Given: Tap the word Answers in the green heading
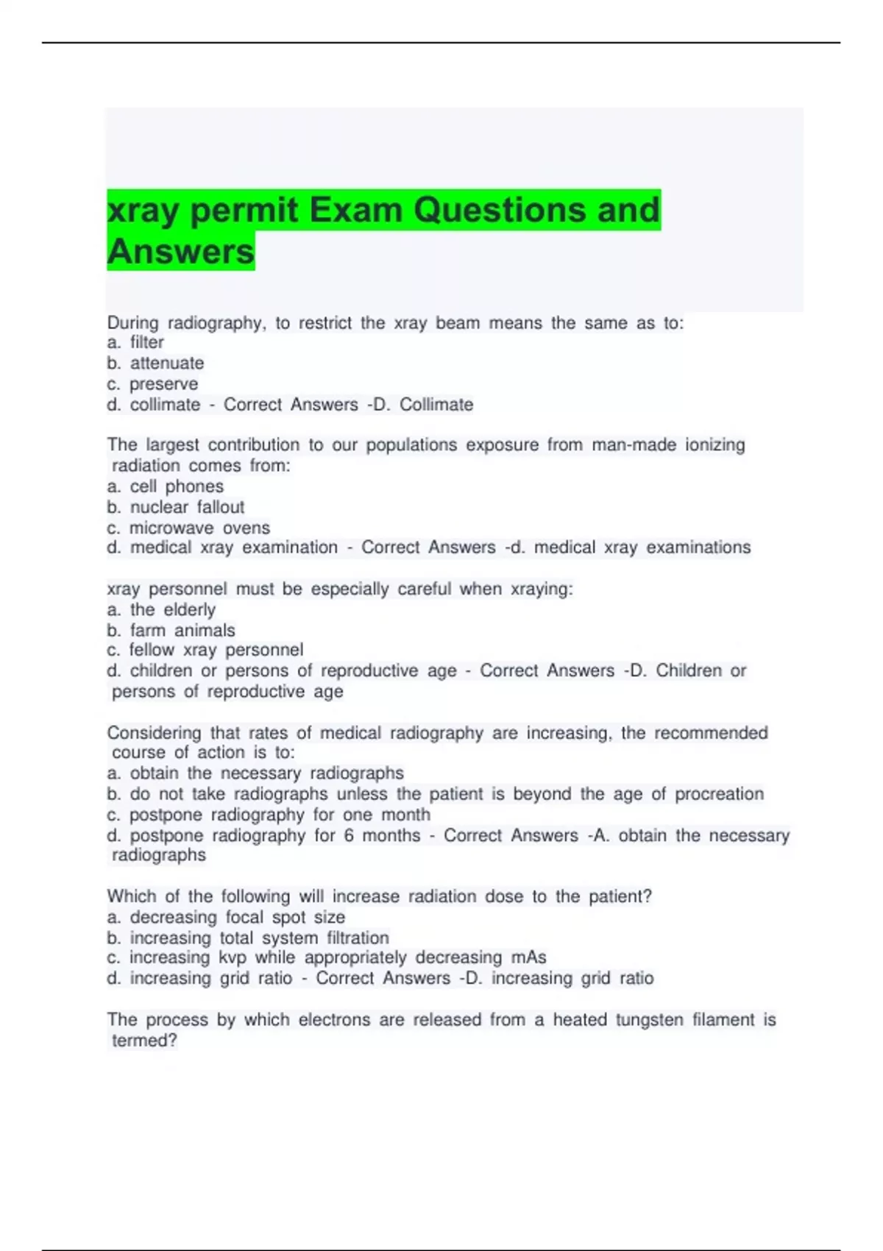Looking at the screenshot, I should point(181,252).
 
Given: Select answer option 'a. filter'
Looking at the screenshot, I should point(136,342).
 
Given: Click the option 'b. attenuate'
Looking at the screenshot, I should point(155,363).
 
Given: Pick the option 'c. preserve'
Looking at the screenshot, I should point(152,384).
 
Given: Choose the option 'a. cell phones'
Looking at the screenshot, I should point(166,486).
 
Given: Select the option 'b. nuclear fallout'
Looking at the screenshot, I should point(176,507).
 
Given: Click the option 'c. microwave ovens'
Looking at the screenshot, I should point(188,528).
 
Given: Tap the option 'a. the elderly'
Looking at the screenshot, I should point(161,609).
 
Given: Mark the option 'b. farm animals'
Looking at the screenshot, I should point(171,630).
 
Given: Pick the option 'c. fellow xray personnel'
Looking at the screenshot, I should point(205,650).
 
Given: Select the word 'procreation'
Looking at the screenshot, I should point(719,794).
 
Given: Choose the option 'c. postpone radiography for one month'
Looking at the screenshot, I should point(269,815).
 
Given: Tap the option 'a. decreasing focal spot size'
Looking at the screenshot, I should point(226,917).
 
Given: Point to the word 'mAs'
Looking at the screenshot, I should point(528,957).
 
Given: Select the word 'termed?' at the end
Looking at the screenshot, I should point(144,1041).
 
